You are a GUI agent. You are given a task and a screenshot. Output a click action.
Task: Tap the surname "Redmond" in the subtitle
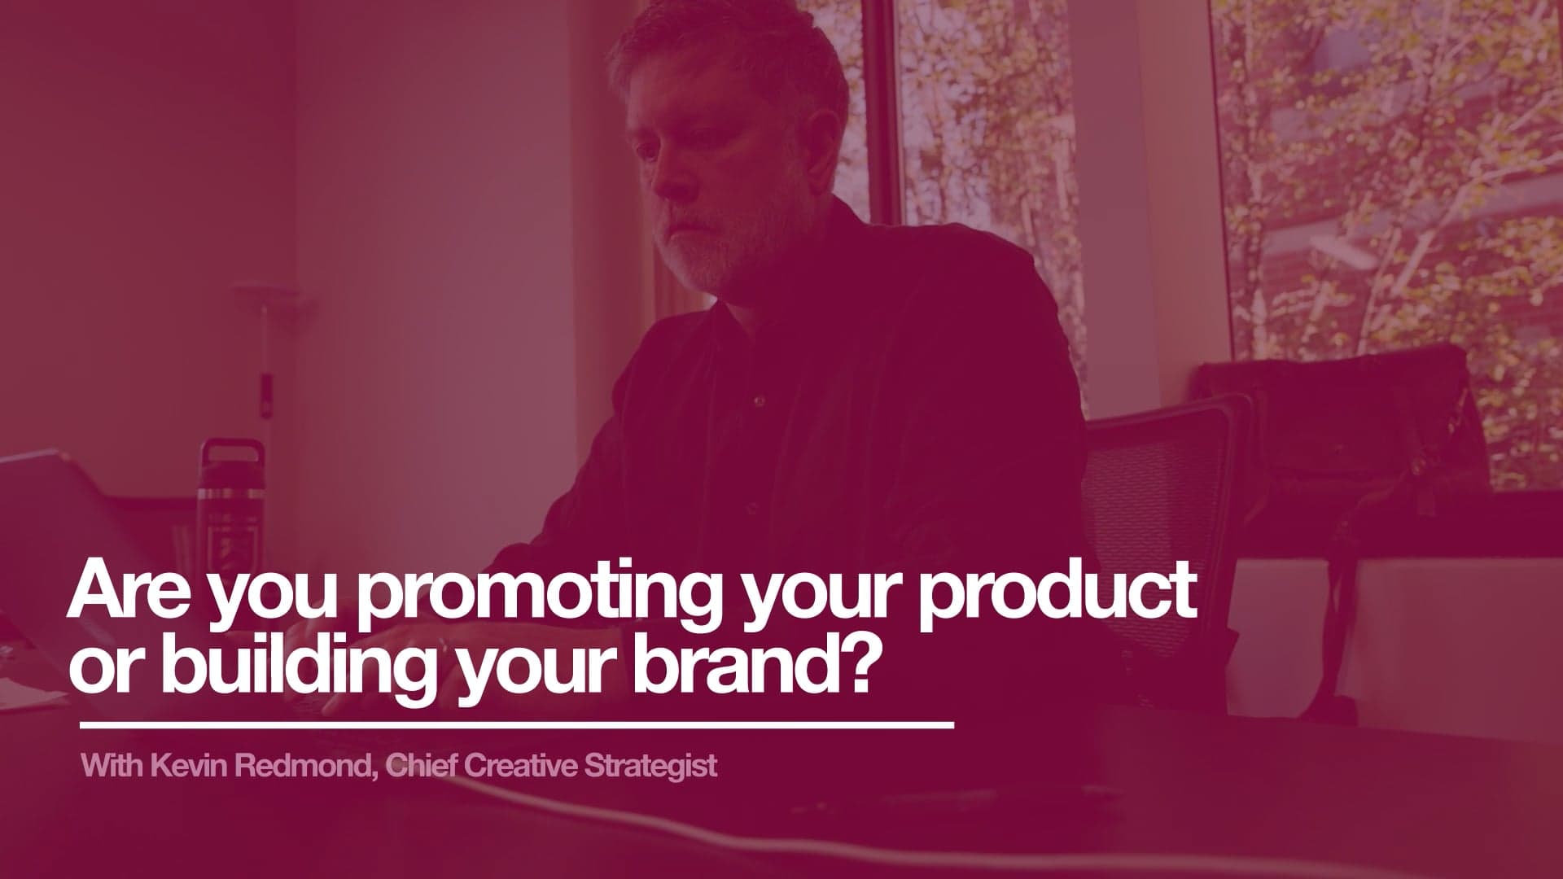[296, 767]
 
